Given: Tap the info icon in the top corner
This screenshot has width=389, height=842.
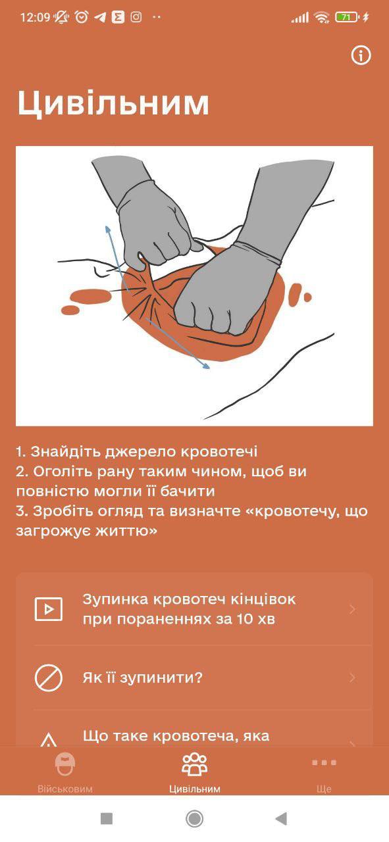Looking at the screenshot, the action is pos(361,55).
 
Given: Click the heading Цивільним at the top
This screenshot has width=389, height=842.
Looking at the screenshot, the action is pos(113,103).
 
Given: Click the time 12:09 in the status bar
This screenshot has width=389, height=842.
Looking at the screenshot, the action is pos(35,17).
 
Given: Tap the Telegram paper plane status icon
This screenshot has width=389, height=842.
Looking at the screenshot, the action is pos(100,17).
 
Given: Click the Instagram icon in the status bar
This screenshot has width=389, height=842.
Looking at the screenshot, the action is pos(136,17).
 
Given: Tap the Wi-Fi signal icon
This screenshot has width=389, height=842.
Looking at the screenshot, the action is pos(322,17).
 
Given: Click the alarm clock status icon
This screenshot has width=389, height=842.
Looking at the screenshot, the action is pos(82,17).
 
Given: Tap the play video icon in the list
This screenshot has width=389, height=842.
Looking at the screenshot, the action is pos(49,609).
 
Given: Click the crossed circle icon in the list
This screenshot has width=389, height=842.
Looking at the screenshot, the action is pos(49,678).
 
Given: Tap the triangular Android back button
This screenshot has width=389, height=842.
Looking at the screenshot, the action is pos(282,818).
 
